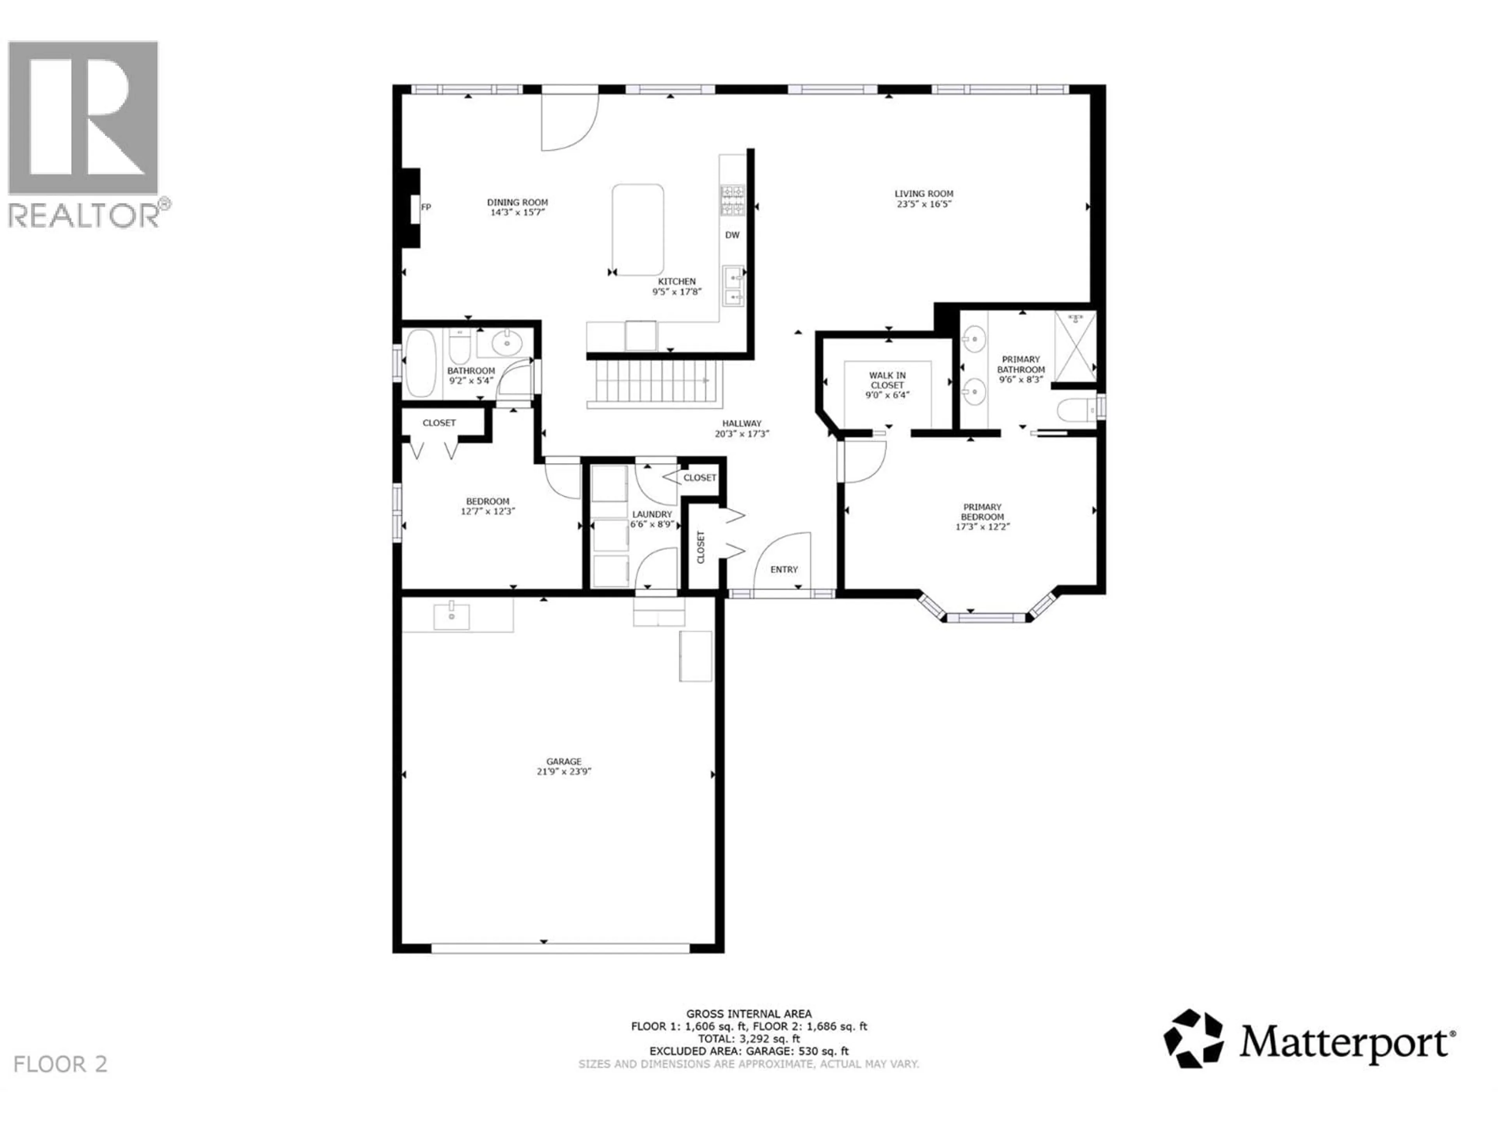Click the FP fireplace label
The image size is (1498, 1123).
point(426,207)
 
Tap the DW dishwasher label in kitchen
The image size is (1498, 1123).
point(732,235)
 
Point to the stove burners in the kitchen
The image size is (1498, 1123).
point(732,200)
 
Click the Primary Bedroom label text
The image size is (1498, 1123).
point(982,512)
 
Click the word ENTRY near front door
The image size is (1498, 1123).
point(784,569)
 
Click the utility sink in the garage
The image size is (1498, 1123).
point(451,616)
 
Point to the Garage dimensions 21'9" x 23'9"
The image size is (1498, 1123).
point(564,771)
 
